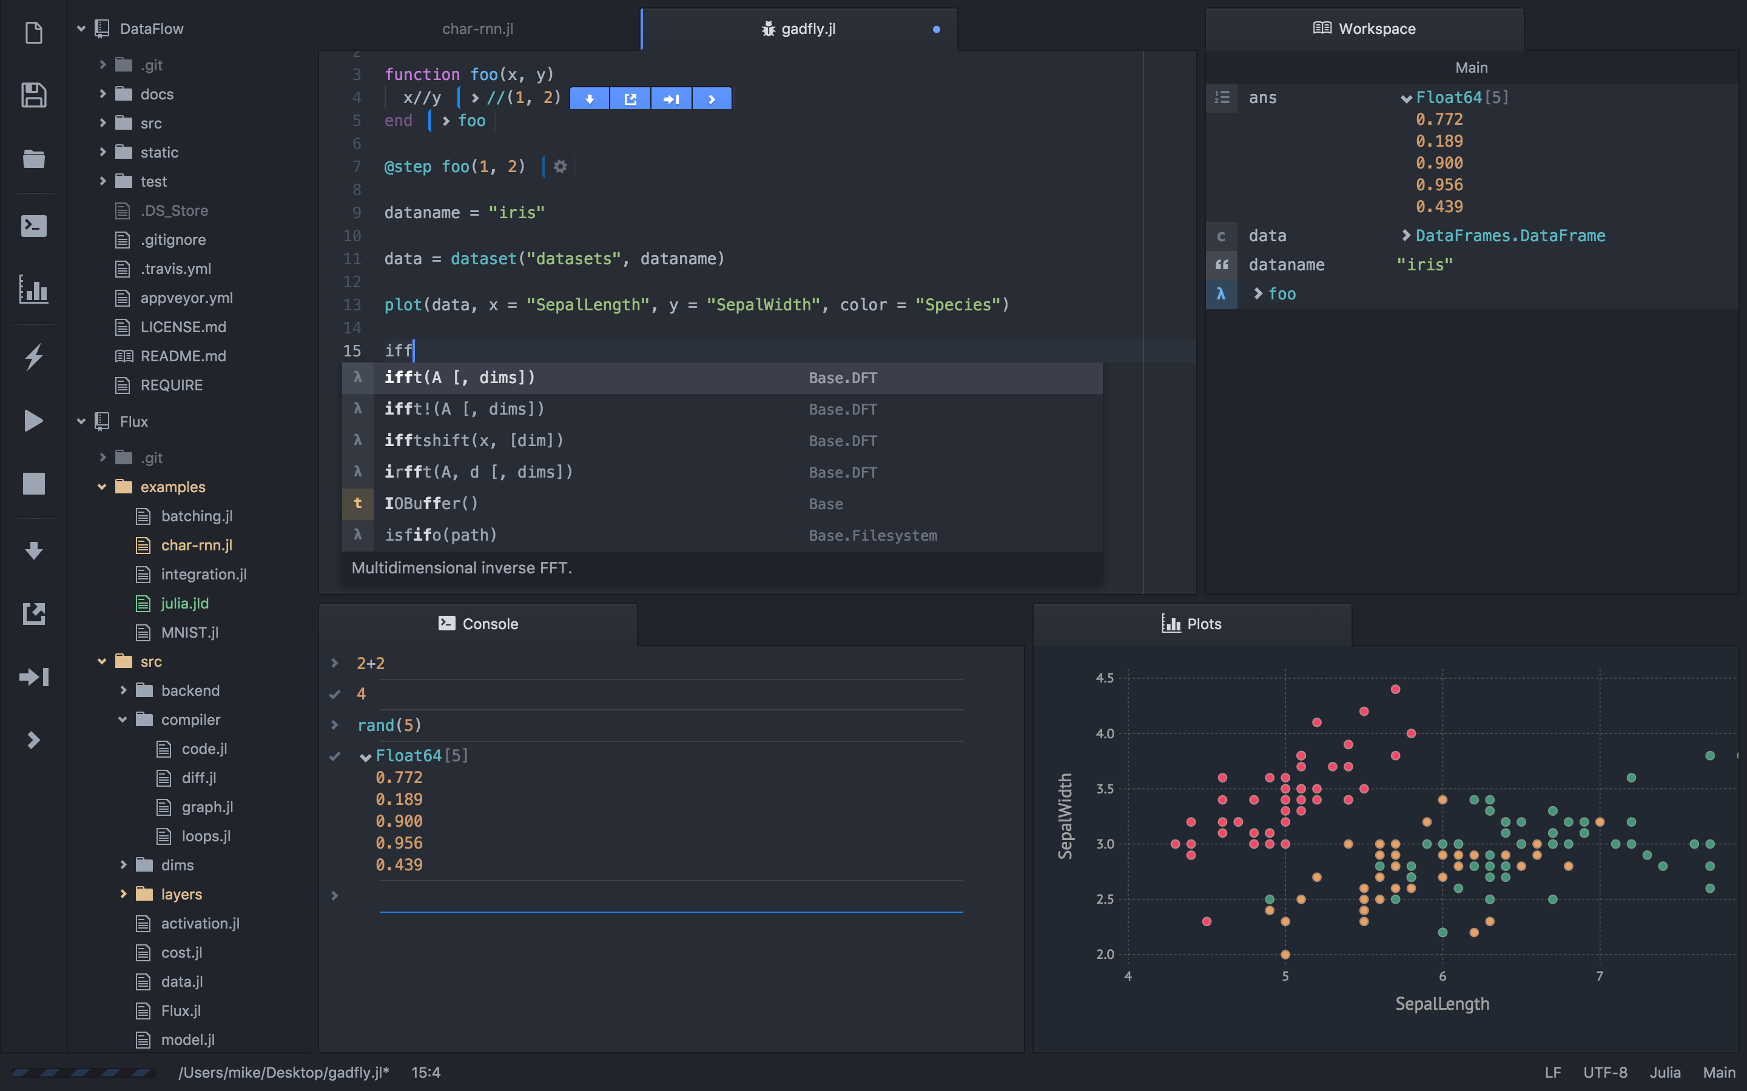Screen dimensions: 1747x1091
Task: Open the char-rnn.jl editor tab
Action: coord(477,29)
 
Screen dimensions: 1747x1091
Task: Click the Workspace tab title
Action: coord(1376,29)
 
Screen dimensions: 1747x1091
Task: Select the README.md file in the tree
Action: coord(183,356)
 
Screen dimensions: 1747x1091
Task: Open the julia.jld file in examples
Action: coord(185,603)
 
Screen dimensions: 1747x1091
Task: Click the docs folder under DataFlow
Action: coord(157,95)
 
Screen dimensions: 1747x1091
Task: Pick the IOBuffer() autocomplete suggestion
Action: coord(431,504)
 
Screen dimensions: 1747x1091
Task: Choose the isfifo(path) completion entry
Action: coord(440,535)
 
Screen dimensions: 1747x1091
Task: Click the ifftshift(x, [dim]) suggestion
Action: coord(474,441)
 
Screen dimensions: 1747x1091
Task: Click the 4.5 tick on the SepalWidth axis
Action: coord(1105,678)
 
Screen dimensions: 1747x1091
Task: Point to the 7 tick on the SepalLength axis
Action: coord(1600,976)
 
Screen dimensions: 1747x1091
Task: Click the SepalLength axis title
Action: coord(1442,1004)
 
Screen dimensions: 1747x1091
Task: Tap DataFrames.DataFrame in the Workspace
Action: coord(1510,236)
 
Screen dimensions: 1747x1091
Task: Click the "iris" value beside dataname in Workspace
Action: coord(1424,265)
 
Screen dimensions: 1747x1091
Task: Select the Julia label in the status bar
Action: coord(1665,1073)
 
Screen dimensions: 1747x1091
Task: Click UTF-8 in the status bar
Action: coord(1605,1073)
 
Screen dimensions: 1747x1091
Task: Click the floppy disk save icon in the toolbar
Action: coord(34,95)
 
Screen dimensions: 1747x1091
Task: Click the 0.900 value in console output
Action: coord(399,821)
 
